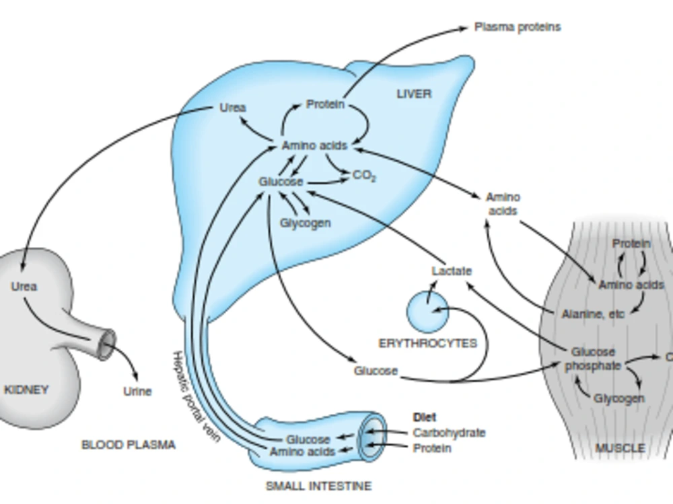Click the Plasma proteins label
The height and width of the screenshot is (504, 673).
point(518,27)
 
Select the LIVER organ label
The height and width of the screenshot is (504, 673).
point(414,94)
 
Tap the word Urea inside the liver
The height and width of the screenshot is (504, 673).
point(233,107)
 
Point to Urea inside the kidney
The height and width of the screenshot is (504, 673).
point(24,287)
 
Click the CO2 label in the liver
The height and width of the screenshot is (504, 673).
point(364,176)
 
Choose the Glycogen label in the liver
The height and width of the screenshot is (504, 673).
point(305,223)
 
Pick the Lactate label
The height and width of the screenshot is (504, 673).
point(452,271)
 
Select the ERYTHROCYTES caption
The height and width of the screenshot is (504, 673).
point(428,343)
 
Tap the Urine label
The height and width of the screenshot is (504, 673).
point(137,391)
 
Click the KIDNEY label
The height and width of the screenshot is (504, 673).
point(26,390)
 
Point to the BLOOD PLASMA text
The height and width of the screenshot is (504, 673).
point(129,445)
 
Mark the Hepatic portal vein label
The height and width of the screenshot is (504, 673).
point(196,396)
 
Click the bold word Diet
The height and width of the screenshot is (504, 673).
point(425,417)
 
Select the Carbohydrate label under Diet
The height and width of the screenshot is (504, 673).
point(449,433)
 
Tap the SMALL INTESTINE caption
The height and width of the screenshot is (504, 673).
point(318,486)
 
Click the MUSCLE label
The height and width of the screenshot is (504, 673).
point(621,448)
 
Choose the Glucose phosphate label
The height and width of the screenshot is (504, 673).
point(593,359)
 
